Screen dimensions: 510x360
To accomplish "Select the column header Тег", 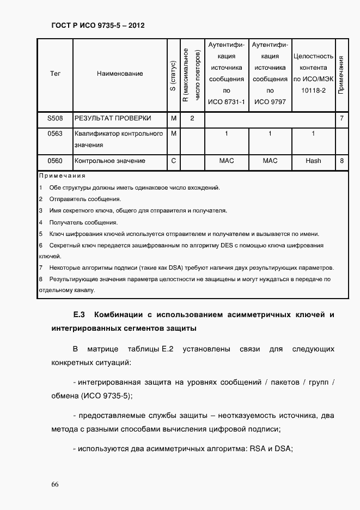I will (55, 73).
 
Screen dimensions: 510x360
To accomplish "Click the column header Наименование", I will (120, 73).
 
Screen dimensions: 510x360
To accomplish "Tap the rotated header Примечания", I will (341, 74).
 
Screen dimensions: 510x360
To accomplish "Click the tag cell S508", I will (55, 118).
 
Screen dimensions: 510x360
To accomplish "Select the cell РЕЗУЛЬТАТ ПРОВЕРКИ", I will (113, 118).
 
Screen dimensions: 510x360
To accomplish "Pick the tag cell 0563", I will (55, 133).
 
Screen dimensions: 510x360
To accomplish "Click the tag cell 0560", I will (55, 161).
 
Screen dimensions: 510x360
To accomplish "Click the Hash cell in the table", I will (313, 161).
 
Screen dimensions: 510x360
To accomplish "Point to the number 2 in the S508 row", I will (192, 118).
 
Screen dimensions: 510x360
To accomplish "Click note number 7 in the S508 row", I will (341, 118).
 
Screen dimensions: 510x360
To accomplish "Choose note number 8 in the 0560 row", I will (341, 161).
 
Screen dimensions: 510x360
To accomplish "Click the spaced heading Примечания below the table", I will (63, 176).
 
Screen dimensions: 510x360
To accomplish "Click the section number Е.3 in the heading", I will (80, 315).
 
